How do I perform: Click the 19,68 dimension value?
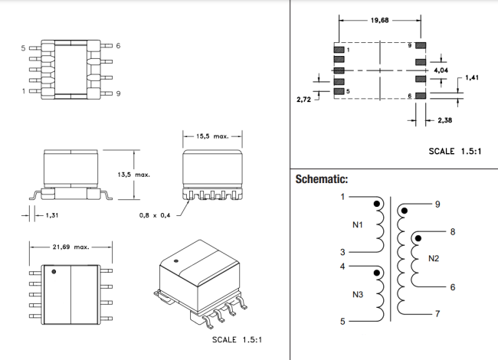(379, 21)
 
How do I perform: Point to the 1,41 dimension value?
(471, 77)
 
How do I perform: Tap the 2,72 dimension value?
(304, 100)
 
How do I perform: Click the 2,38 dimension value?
(444, 121)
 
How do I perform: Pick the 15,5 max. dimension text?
(212, 136)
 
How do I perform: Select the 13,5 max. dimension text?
(133, 175)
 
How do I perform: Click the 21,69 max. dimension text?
(71, 247)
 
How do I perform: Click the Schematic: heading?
(322, 180)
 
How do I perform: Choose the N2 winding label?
(434, 258)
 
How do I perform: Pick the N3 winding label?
(358, 295)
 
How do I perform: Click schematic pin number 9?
(437, 204)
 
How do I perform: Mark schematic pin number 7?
(437, 313)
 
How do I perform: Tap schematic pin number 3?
(342, 252)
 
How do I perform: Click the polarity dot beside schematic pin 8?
(418, 239)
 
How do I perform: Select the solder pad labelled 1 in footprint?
(339, 50)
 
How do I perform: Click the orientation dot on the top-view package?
(54, 271)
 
